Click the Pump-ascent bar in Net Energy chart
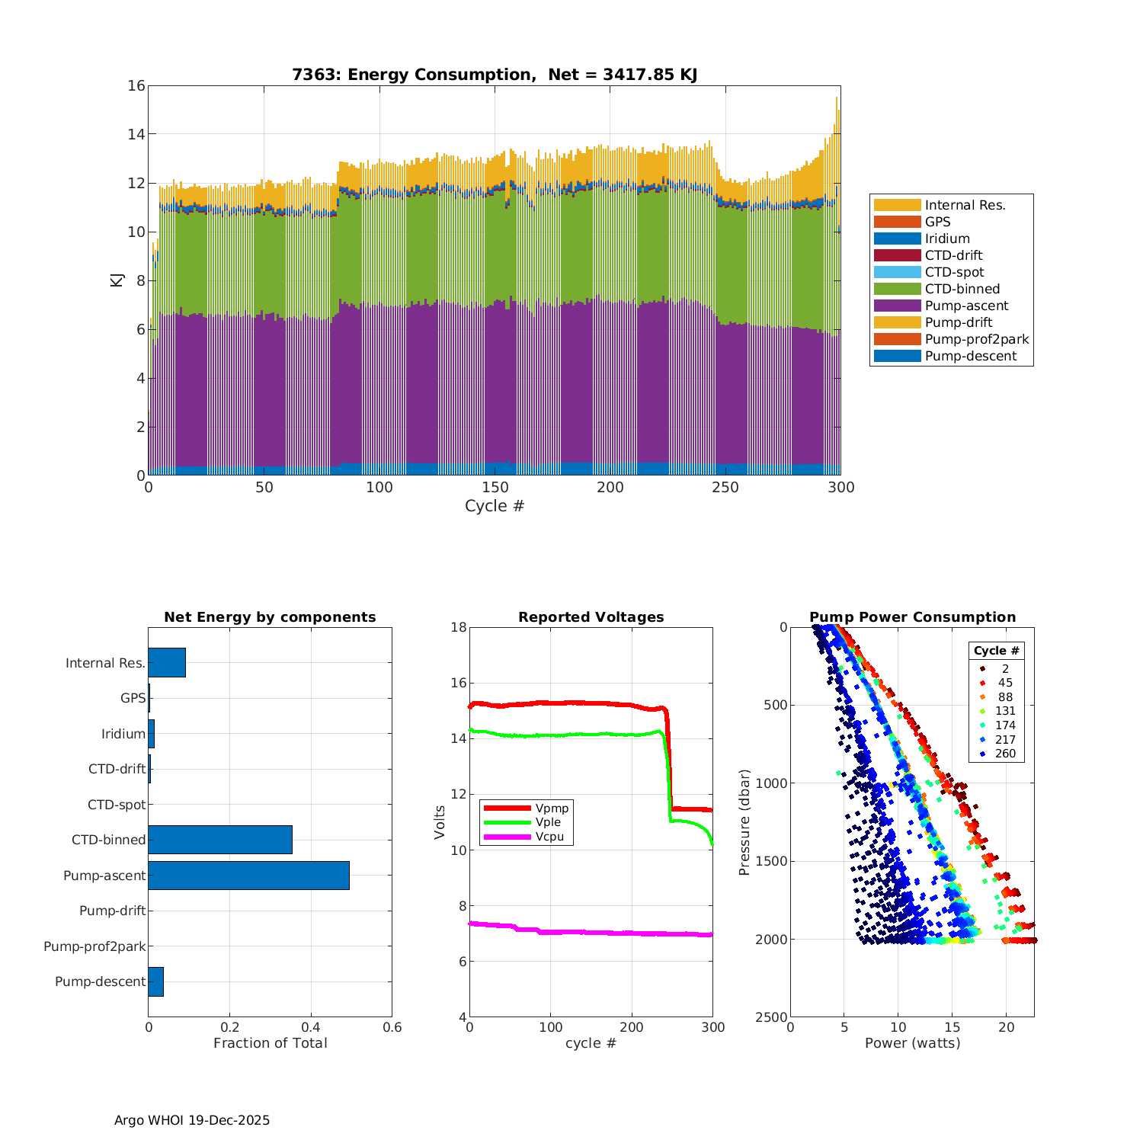248,876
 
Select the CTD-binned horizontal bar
220,840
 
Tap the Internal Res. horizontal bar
167,663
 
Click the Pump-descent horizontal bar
156,981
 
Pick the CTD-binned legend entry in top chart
962,289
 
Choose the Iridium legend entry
947,239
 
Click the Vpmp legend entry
552,808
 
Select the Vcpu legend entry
549,837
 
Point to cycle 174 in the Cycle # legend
1005,725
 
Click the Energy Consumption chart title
495,75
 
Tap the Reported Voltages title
591,617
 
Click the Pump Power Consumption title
912,617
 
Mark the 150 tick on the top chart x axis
495,488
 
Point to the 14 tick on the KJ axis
136,134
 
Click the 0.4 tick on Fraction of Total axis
310,1027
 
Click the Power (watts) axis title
912,1042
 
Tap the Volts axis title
440,822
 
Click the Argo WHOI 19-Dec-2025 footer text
192,1120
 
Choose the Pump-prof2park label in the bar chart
94,946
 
